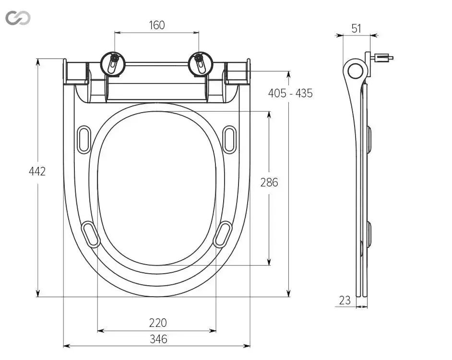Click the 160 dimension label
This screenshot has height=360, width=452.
(x=157, y=25)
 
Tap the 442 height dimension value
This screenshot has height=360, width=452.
(x=37, y=172)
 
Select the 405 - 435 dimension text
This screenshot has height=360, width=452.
(x=290, y=93)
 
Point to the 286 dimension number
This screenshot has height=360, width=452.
(x=269, y=183)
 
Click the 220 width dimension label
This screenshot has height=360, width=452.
(x=158, y=323)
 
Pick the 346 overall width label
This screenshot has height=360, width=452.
(x=158, y=339)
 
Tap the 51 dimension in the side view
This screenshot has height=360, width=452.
(x=357, y=29)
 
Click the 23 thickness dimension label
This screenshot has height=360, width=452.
(x=345, y=301)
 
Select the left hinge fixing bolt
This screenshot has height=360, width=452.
(x=113, y=64)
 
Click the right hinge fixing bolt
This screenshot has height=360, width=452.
(x=201, y=64)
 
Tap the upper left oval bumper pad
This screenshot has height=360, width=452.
(x=84, y=139)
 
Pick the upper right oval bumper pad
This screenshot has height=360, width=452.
(x=230, y=139)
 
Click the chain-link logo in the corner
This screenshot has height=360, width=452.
(x=18, y=18)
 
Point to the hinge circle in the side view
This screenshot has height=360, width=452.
(x=355, y=71)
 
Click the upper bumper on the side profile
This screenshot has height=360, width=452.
(x=369, y=139)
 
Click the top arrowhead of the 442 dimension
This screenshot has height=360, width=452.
(x=38, y=61)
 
